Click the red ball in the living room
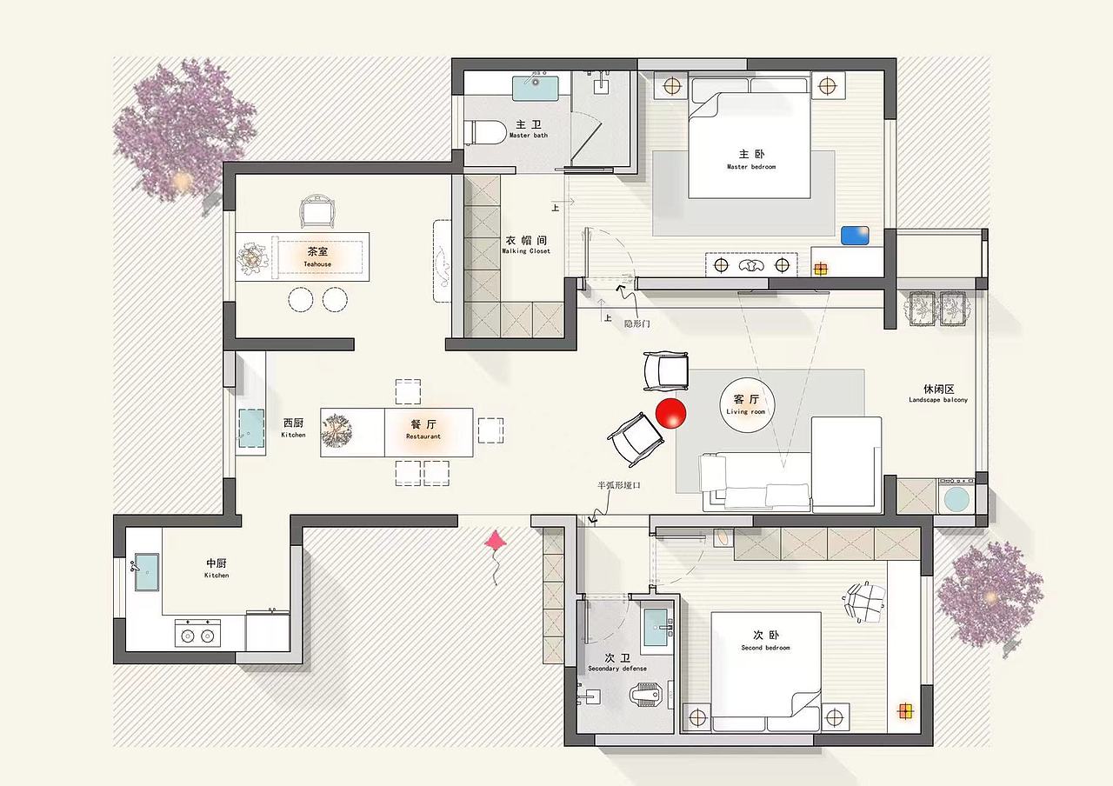670,413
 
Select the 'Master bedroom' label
750,167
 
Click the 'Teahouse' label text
317,264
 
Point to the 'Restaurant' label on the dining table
423,436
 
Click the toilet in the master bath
483,132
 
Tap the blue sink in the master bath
535,88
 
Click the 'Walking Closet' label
526,251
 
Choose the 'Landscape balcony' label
938,399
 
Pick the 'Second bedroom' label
765,648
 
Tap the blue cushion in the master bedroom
855,236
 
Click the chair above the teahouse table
317,211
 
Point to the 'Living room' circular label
746,405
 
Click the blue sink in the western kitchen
251,429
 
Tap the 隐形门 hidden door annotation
637,324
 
